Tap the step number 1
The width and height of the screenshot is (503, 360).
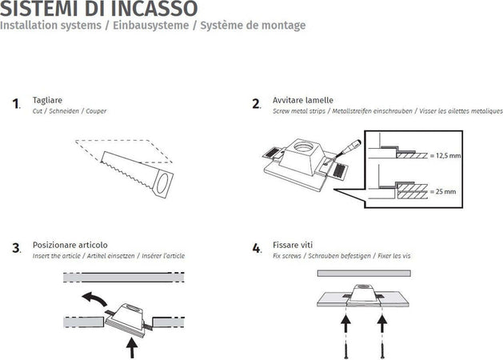[x=16, y=104]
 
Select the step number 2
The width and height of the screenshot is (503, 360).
[x=256, y=104]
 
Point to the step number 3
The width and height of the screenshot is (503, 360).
[x=16, y=248]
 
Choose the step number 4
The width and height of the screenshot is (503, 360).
[x=257, y=248]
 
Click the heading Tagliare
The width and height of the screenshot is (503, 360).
[x=47, y=100]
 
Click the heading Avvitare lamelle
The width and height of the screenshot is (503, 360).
[x=303, y=100]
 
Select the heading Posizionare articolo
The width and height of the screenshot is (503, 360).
[x=70, y=244]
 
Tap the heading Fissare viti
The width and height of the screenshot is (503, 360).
[x=293, y=244]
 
